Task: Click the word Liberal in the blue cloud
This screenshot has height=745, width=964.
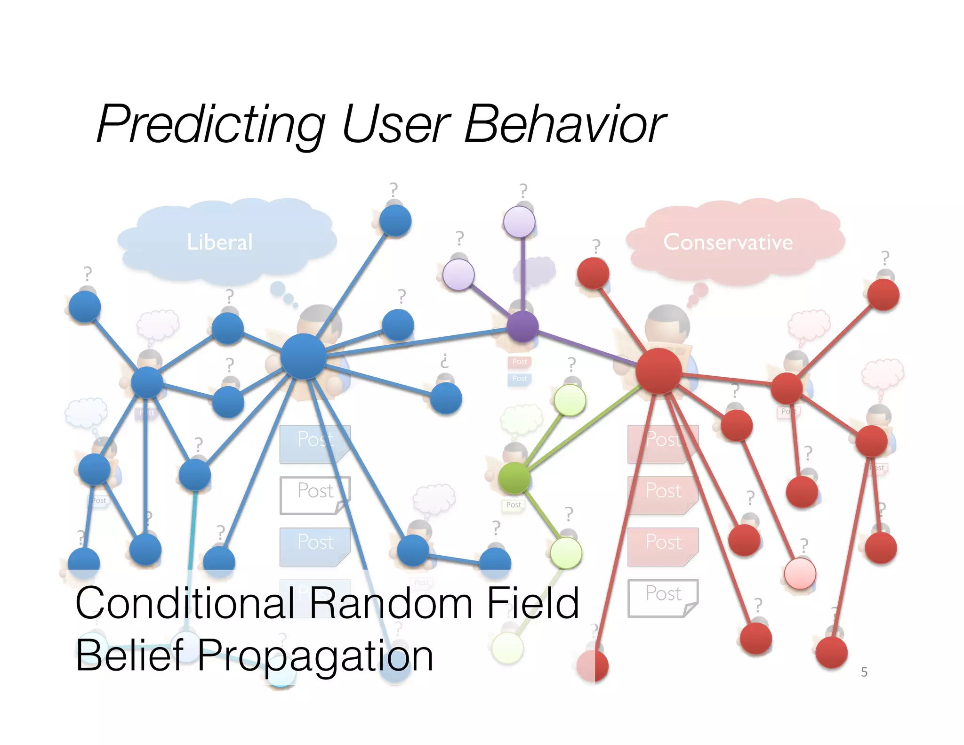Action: [220, 242]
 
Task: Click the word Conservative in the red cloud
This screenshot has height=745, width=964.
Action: [728, 242]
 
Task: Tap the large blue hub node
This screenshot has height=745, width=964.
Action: [303, 356]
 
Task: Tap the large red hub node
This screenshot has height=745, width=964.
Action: [659, 372]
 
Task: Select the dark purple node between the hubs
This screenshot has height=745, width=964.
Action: [522, 326]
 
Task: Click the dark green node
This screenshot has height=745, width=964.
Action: [514, 478]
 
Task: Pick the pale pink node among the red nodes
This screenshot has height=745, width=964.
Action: [800, 574]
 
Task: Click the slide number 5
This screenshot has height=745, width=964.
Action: [864, 672]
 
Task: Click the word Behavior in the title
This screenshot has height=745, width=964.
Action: [564, 124]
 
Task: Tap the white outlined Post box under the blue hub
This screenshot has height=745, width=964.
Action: [314, 494]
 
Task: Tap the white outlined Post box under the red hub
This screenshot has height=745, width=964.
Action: [662, 597]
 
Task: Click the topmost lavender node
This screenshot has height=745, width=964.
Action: [519, 222]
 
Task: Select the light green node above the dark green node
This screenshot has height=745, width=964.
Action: [570, 400]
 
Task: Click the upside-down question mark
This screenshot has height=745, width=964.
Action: [444, 361]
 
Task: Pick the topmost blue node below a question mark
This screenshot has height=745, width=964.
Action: [395, 220]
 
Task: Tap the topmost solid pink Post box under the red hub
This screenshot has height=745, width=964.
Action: [662, 443]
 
